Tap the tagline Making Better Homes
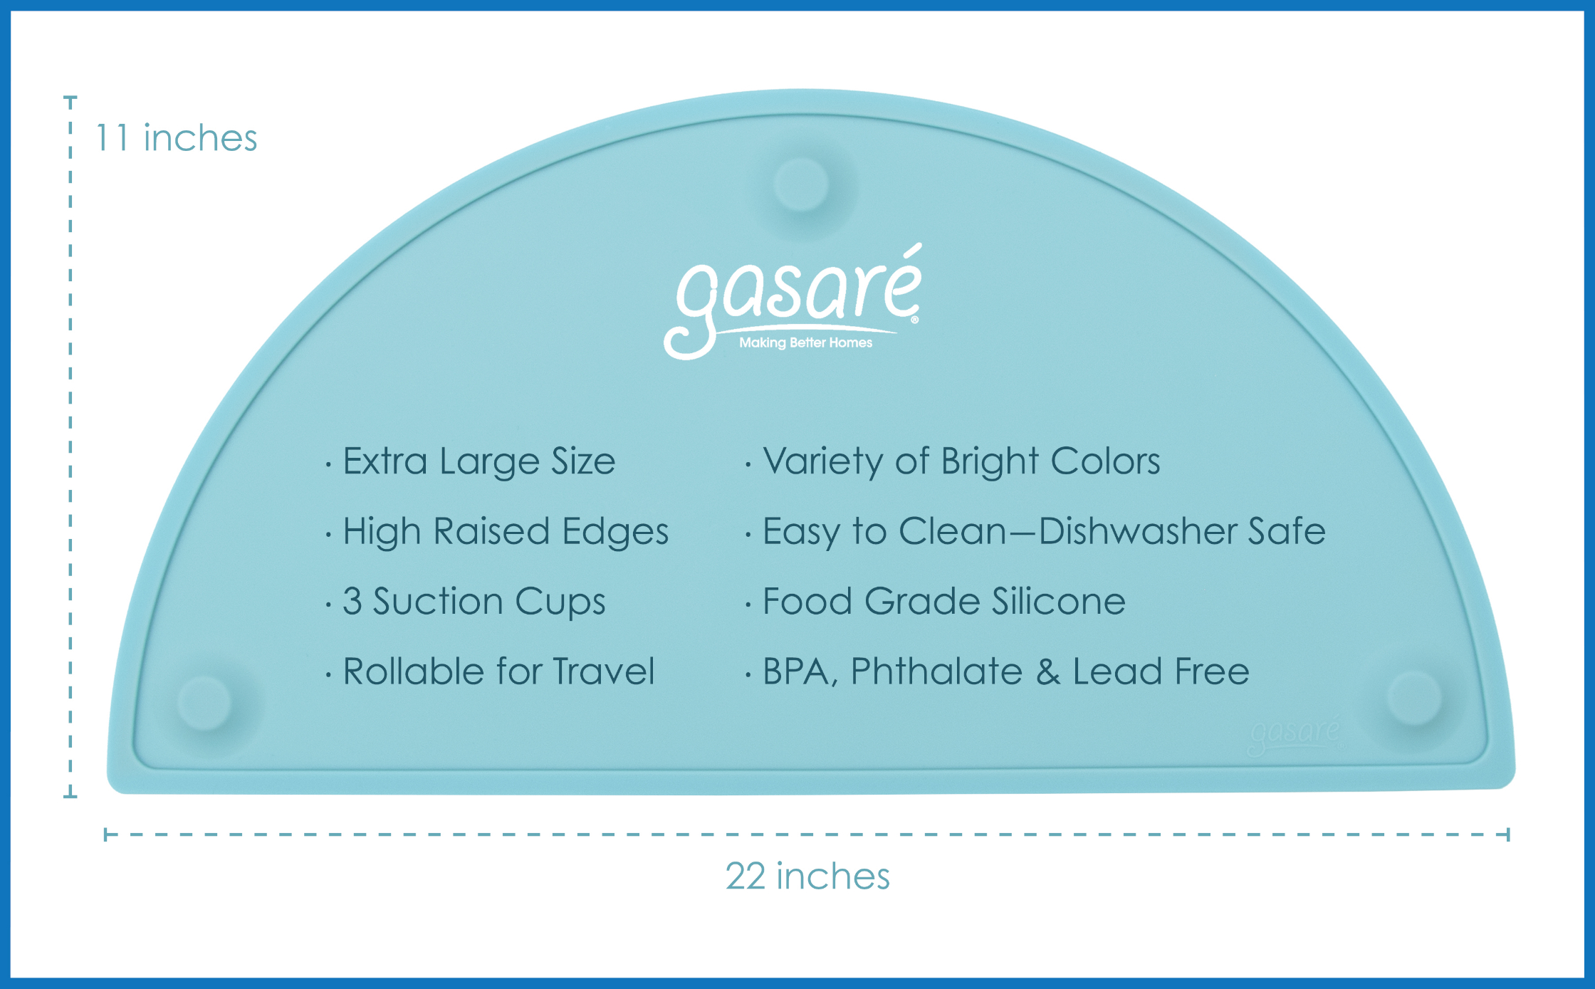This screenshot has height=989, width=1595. [805, 342]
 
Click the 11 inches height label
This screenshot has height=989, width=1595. [176, 137]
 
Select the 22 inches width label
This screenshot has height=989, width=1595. [807, 876]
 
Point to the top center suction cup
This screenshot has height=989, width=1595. [801, 184]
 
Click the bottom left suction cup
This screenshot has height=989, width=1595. [204, 703]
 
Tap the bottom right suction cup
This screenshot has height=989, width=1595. [1414, 697]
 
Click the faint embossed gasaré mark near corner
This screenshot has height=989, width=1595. [1295, 733]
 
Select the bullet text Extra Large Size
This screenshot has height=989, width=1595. [478, 461]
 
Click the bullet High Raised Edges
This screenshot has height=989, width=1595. [506, 531]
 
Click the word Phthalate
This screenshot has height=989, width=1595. [936, 671]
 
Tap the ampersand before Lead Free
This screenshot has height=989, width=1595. [1047, 671]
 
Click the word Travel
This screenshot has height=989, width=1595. [603, 671]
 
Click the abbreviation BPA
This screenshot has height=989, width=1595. [796, 672]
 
